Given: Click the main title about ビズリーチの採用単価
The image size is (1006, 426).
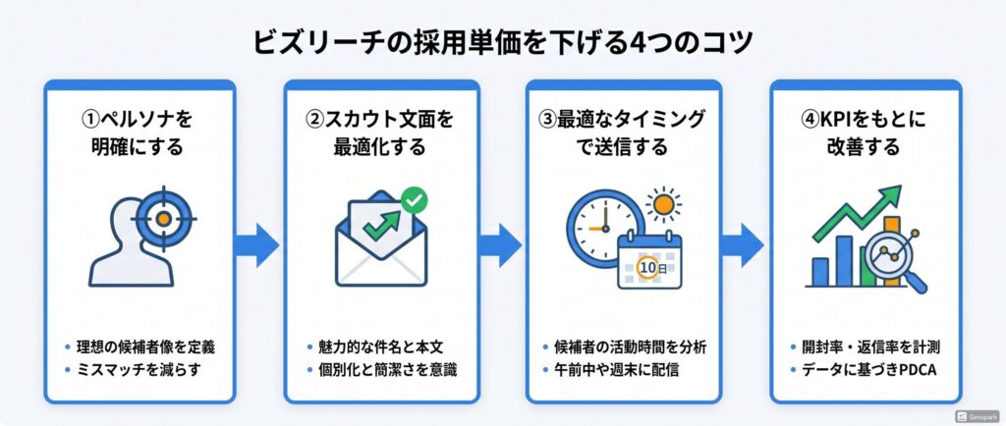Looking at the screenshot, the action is pyautogui.click(x=502, y=43).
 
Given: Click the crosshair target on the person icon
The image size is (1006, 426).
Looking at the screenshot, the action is pyautogui.click(x=163, y=219).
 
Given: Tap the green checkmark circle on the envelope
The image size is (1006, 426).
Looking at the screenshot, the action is pyautogui.click(x=415, y=200).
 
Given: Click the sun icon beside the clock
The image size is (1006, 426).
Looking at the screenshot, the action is pyautogui.click(x=663, y=205).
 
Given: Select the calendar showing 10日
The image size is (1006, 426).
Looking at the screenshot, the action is pyautogui.click(x=649, y=261).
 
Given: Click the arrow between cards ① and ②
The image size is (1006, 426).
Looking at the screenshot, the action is pyautogui.click(x=256, y=244).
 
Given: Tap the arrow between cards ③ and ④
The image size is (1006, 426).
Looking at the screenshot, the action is pyautogui.click(x=741, y=244).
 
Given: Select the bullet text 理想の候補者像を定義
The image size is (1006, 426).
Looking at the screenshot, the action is pyautogui.click(x=146, y=347).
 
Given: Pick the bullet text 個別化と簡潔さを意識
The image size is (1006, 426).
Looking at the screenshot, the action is pyautogui.click(x=387, y=370).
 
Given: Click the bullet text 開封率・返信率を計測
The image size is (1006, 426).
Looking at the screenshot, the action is pyautogui.click(x=870, y=347).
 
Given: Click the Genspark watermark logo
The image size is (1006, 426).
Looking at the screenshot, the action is pyautogui.click(x=977, y=416).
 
